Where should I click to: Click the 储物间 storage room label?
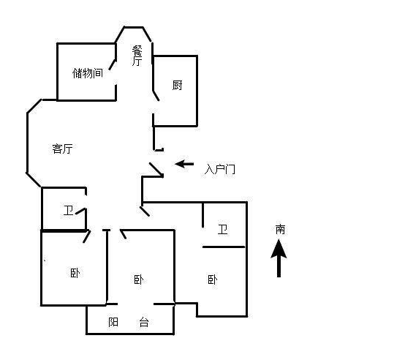click(88, 73)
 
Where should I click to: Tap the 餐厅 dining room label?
click(137, 56)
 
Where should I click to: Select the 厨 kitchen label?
click(177, 85)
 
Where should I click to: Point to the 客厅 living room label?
click(62, 149)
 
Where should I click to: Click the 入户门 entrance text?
click(220, 170)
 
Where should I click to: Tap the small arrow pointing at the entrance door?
click(184, 164)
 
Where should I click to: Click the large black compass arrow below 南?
click(279, 258)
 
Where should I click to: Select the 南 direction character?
click(280, 229)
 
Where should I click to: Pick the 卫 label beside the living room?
click(69, 211)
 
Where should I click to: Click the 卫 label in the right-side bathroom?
click(223, 229)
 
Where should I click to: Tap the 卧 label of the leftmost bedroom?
click(75, 273)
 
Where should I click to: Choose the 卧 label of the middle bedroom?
click(139, 280)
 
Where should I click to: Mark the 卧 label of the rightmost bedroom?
click(213, 280)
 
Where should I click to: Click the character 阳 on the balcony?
click(113, 322)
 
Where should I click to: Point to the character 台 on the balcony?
click(144, 322)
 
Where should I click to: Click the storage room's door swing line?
click(113, 64)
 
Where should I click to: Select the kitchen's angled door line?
click(156, 96)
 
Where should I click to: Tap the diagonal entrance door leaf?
click(156, 169)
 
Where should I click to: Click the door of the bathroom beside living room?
click(80, 211)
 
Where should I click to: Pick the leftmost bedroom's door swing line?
click(86, 236)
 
